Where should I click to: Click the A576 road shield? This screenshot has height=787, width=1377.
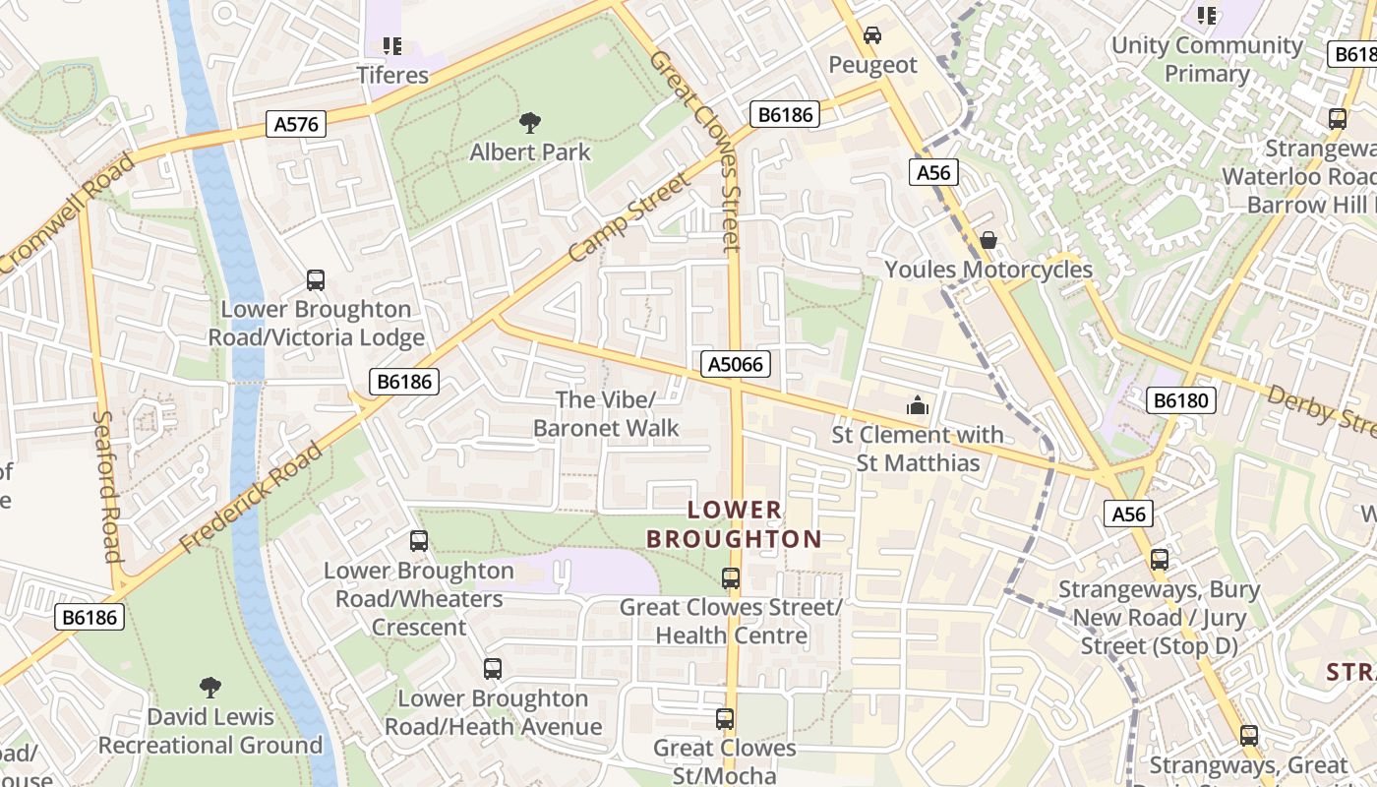[x=296, y=123]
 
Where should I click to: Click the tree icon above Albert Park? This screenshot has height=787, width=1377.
[x=530, y=123]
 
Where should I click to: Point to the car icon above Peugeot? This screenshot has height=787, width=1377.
[x=871, y=35]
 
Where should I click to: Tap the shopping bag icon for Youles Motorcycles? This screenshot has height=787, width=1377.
[x=988, y=240]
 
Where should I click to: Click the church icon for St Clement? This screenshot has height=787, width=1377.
[x=917, y=404]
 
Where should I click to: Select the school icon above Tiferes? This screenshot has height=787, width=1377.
[x=392, y=45]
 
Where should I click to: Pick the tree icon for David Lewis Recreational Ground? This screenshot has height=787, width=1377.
[x=210, y=687]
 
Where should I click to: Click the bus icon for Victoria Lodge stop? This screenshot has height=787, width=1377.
[x=316, y=280]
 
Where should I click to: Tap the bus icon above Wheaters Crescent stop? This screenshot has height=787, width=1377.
[x=419, y=541]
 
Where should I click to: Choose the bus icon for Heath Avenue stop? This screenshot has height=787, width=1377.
[x=493, y=669]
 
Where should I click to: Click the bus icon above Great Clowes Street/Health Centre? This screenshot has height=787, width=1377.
[x=731, y=578]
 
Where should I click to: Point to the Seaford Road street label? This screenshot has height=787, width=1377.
[x=107, y=485]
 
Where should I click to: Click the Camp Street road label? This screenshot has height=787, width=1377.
[x=630, y=218]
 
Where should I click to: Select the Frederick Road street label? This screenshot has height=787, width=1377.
[x=252, y=498]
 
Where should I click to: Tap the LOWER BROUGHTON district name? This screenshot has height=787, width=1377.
[x=734, y=524]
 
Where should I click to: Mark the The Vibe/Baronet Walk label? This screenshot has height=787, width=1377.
[x=606, y=413]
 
